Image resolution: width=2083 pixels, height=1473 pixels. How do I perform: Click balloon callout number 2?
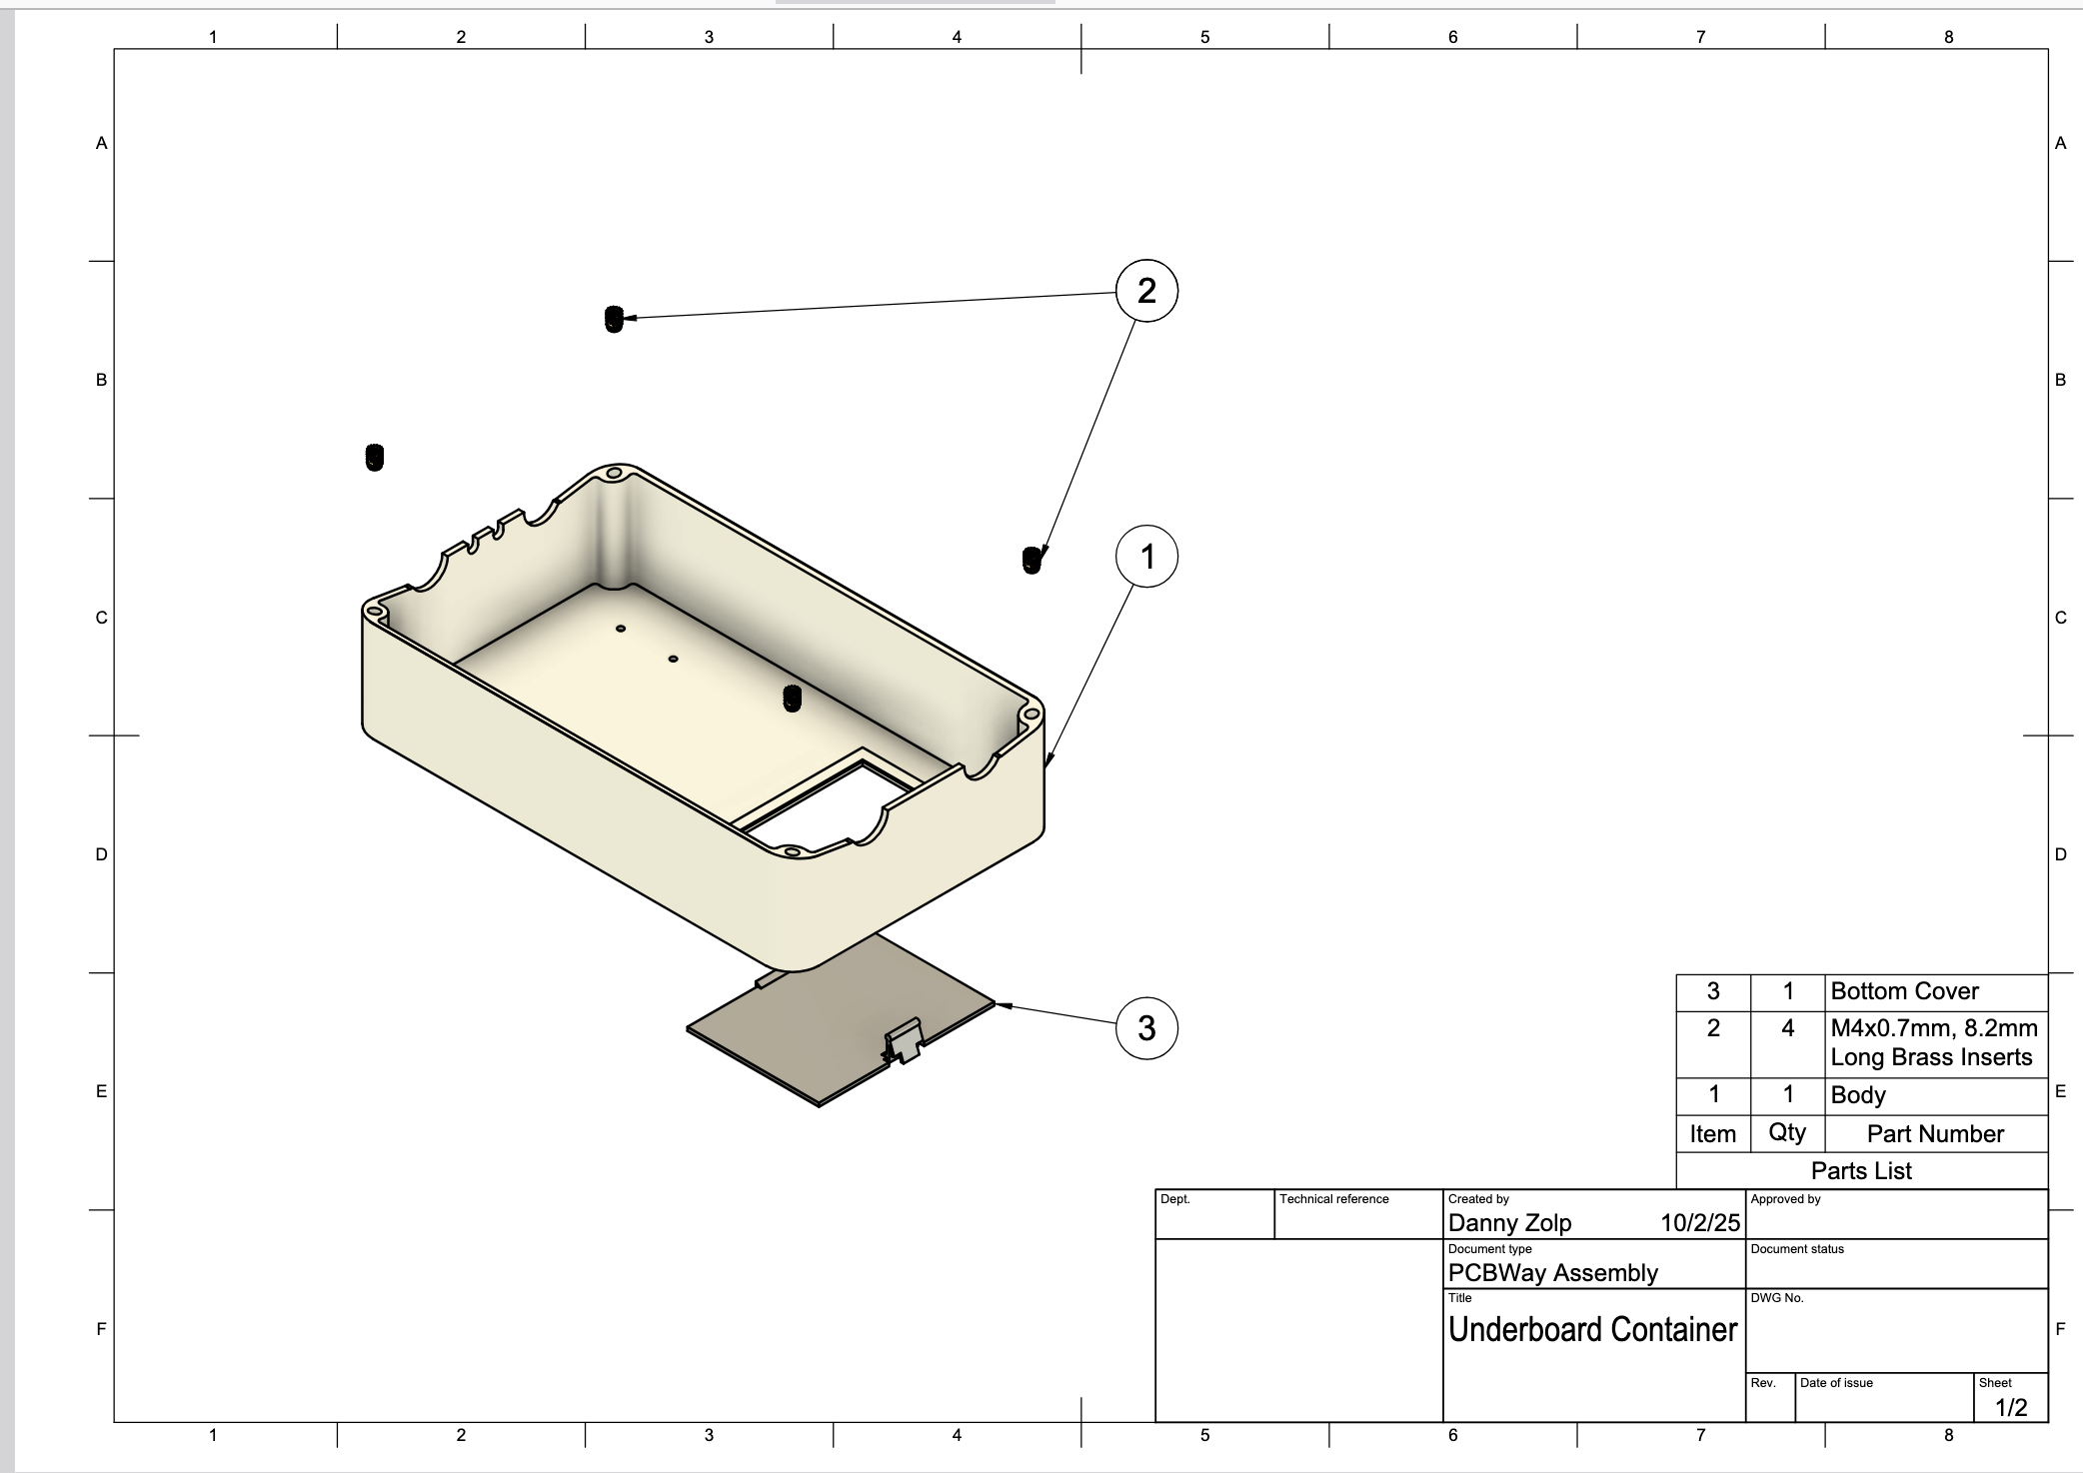1146,291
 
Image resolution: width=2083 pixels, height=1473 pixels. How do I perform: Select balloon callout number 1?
1146,557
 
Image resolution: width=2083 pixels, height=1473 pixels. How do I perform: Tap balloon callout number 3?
1146,1027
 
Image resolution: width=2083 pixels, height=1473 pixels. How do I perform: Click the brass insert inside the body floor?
793,699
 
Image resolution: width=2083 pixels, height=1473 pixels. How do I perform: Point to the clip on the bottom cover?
904,1043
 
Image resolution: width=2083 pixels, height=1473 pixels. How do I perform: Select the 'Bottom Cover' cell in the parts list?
1904,991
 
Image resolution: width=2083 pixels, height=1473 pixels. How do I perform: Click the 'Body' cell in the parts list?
1857,1094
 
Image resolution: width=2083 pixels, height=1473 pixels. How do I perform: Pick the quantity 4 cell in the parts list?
1787,1028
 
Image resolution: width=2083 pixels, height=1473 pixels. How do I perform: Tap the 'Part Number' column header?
1935,1134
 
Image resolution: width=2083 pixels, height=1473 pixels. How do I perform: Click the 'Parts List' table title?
1861,1171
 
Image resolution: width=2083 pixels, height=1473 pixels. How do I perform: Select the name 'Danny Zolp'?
1509,1223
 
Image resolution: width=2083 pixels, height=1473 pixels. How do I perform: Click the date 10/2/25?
1699,1223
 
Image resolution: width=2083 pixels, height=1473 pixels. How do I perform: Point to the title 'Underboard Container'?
1592,1329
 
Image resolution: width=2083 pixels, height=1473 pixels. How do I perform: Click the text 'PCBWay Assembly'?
1552,1273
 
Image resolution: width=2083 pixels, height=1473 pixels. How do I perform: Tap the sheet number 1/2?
2011,1407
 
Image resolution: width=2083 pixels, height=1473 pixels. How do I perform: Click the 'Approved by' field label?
1785,1199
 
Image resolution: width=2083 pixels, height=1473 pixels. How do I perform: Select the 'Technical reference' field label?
1333,1199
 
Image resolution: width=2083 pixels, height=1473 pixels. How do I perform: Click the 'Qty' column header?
1787,1132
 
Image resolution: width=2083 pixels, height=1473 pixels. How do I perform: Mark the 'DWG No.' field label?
1776,1298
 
